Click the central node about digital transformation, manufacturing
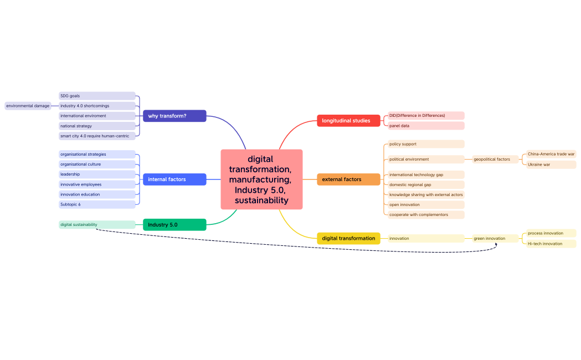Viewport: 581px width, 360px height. [261, 179]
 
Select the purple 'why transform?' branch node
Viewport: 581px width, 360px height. [174, 116]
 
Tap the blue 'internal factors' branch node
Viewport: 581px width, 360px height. [174, 179]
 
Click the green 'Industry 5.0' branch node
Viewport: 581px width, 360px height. [174, 225]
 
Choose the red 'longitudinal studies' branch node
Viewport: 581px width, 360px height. [348, 121]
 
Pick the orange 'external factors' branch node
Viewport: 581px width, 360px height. [348, 179]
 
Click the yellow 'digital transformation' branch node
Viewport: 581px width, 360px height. [348, 238]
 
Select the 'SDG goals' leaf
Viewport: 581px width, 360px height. [97, 96]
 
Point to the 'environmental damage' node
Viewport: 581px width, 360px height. [28, 106]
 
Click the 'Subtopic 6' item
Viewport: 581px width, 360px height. [97, 204]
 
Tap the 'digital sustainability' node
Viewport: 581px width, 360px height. [97, 225]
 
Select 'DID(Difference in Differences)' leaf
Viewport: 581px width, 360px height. [425, 116]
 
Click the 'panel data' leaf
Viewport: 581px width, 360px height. [425, 126]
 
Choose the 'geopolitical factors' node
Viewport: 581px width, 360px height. [495, 160]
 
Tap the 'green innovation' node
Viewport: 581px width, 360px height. [495, 238]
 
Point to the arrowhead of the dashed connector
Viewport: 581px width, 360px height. [496, 244]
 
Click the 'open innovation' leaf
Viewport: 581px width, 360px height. [425, 204]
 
